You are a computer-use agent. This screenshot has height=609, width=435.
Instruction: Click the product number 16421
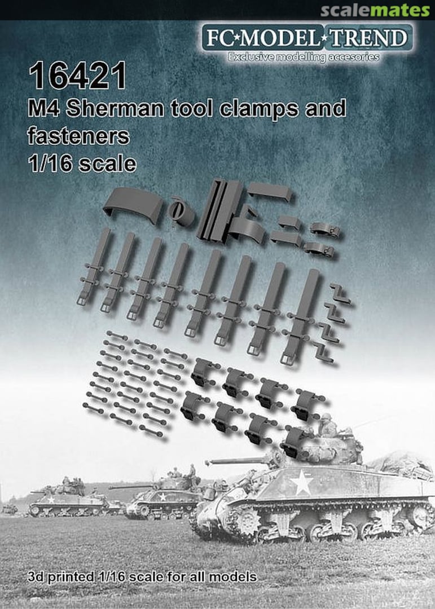point(79,77)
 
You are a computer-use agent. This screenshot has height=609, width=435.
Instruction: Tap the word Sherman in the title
point(113,108)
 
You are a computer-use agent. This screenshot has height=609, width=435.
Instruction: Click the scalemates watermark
point(375,10)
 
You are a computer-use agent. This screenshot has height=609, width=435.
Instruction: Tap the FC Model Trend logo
point(307,38)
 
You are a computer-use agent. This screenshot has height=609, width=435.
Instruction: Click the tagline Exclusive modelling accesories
point(303,57)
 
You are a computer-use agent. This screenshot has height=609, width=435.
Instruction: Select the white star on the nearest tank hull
point(302,484)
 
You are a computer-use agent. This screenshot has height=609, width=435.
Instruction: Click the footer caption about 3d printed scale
point(140,577)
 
